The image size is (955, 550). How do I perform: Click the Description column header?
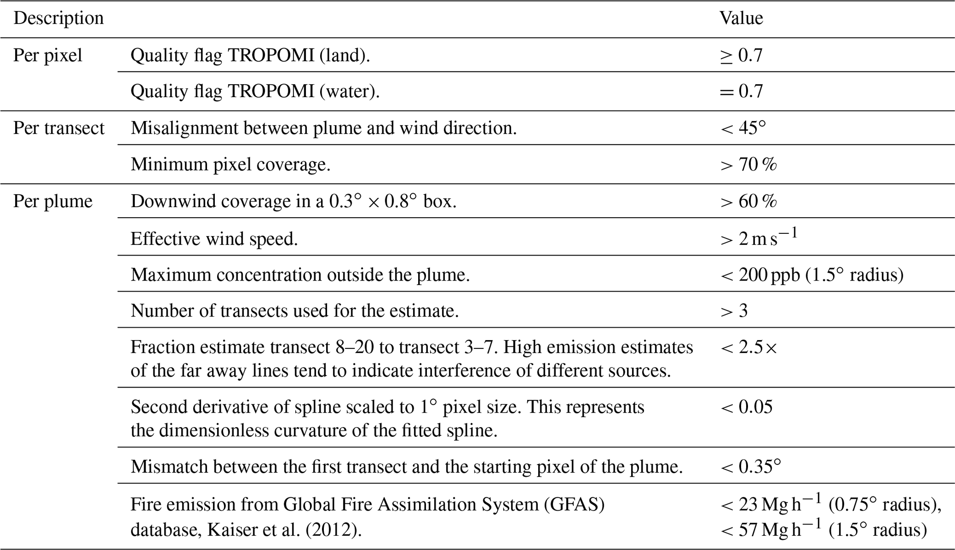(59, 18)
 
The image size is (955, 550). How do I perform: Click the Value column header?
(741, 18)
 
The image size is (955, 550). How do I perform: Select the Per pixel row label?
(48, 55)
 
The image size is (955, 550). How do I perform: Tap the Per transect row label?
(59, 128)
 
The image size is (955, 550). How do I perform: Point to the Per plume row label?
(53, 201)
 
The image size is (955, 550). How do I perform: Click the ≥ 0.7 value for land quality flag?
(741, 55)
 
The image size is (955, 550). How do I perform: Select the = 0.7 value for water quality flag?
(741, 91)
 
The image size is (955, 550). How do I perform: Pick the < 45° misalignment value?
(742, 128)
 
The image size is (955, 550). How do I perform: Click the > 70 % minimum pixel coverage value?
(748, 165)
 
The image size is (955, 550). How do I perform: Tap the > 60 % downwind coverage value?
(748, 201)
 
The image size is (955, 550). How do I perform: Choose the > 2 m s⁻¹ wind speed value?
(758, 238)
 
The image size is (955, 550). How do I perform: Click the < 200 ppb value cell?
(811, 275)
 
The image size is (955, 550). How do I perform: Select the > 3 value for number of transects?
(734, 311)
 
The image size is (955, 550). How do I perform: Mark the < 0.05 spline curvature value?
(746, 407)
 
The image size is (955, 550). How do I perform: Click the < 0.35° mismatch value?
(750, 467)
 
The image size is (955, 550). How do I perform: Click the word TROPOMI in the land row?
(271, 55)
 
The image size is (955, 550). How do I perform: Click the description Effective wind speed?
(214, 239)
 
